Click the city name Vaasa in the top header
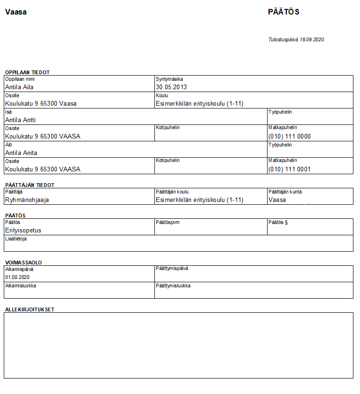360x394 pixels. coord(15,12)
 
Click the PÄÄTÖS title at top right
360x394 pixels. coord(283,12)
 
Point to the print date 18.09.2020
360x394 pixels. coord(312,39)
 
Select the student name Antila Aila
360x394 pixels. coord(19,87)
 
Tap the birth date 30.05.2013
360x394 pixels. coord(171,87)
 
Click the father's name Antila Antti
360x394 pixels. coord(20,120)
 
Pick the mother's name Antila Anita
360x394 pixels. coord(21,153)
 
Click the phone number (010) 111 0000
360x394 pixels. coord(289,136)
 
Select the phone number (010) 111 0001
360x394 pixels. coord(289,169)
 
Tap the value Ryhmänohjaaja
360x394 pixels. coord(27,200)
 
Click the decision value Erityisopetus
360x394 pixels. coord(23,230)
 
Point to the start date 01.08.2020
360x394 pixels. coord(17,278)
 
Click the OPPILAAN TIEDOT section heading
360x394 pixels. coord(27,72)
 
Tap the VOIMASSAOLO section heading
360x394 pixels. coord(23,263)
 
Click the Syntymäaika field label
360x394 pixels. coord(169,79)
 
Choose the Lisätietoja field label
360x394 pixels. coord(16,239)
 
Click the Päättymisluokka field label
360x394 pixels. coord(173,286)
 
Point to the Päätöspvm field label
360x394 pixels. coord(167,222)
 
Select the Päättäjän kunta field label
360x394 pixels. coord(285,192)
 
